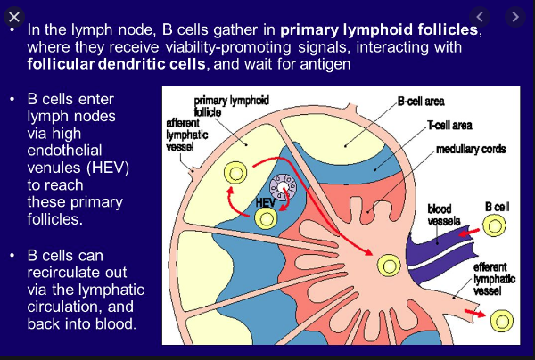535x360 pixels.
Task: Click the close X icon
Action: point(14,16)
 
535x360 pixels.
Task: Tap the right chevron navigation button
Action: point(514,16)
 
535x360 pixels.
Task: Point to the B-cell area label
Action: point(421,103)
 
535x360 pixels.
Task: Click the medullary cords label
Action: point(470,149)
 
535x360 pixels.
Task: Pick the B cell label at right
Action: point(497,206)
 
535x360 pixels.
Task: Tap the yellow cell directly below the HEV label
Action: point(265,218)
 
